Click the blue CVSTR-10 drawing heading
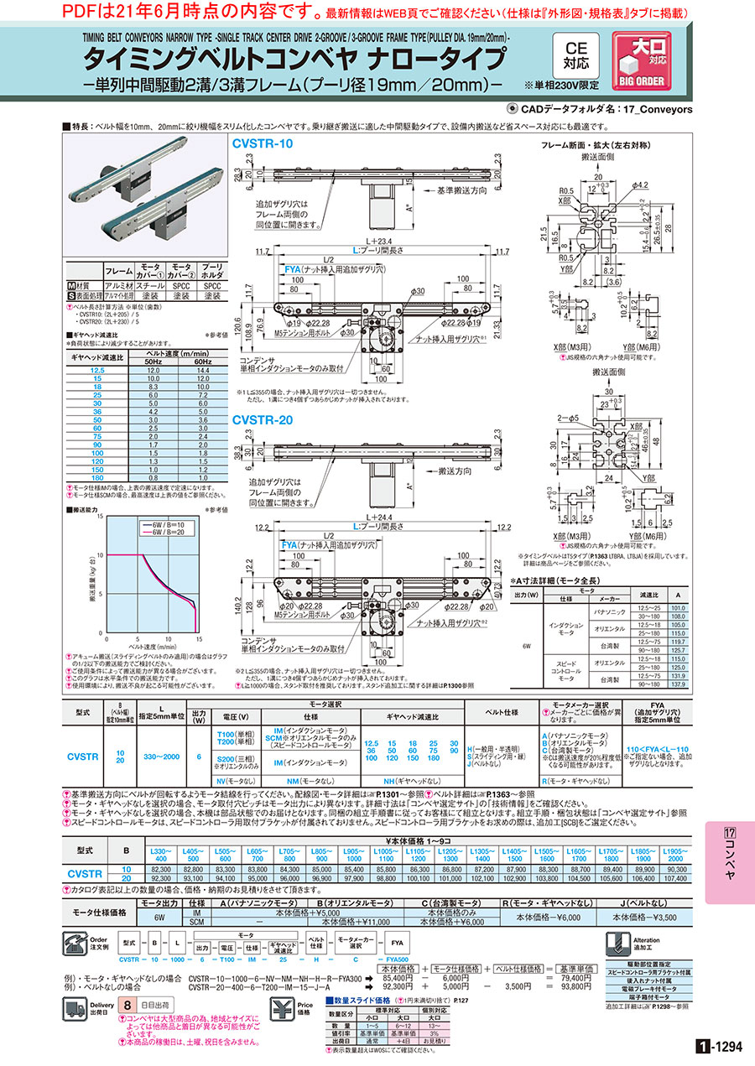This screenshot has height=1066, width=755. tap(263, 143)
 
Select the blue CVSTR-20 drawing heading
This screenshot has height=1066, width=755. tap(263, 420)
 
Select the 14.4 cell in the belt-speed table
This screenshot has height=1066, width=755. tap(200, 370)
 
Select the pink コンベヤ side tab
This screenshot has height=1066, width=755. tap(729, 864)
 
